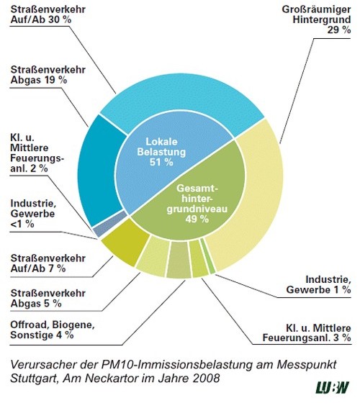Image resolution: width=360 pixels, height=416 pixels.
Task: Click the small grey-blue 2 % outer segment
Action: click(109, 224)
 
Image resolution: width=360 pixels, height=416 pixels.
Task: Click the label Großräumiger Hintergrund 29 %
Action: click(317, 19)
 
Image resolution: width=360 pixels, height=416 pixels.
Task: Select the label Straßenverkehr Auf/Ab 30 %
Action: click(48, 14)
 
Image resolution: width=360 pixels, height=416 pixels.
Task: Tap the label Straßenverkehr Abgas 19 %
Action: click(48, 75)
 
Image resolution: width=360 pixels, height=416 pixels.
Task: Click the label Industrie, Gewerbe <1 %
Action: click(33, 214)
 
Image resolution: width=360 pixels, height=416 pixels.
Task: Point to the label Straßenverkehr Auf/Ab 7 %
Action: click(48, 263)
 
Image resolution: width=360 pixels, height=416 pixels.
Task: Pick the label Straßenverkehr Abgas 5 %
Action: click(48, 299)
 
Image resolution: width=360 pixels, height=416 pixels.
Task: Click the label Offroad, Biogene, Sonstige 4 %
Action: click(53, 330)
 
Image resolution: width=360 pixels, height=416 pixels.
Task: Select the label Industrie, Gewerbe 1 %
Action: click(318, 284)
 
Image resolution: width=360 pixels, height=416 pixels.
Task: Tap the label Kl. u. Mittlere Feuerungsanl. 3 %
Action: click(307, 333)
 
